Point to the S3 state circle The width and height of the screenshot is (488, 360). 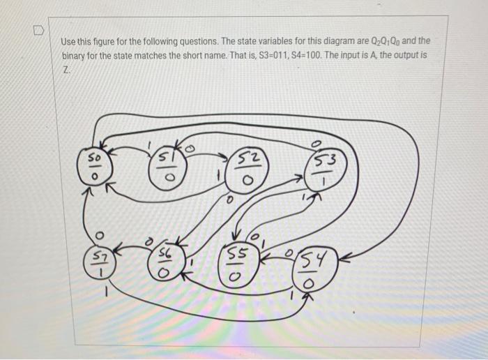click(x=323, y=170)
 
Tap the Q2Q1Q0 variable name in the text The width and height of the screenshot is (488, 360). click(x=382, y=40)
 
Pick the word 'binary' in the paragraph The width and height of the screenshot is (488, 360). click(x=76, y=54)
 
